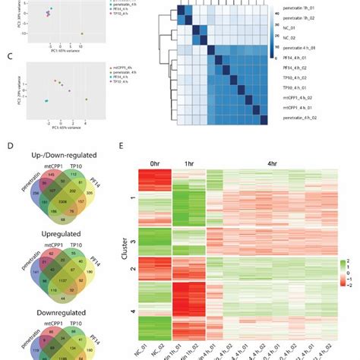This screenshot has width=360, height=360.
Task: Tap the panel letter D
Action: pos(8,150)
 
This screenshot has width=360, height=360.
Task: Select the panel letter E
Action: pos(128,150)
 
